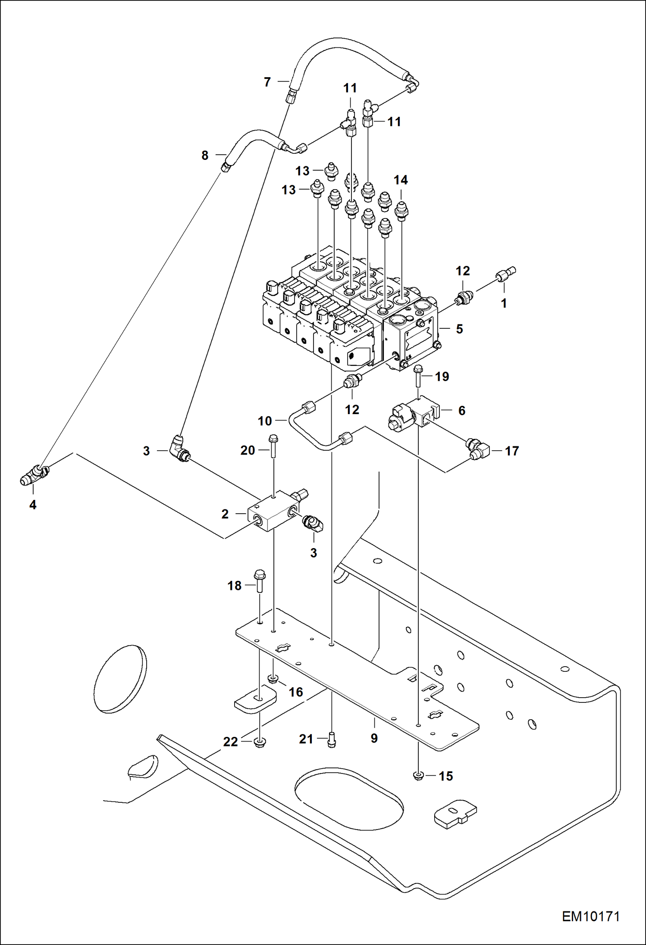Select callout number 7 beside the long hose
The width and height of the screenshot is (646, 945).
pos(267,82)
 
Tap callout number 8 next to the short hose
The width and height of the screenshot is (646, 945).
pos(205,155)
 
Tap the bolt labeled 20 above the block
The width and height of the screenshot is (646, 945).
pos(273,446)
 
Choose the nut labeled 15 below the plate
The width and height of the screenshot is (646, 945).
pos(417,776)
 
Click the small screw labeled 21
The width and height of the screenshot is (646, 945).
pos(331,740)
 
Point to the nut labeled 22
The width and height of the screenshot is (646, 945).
pos(260,742)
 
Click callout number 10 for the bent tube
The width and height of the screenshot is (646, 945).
pos(265,421)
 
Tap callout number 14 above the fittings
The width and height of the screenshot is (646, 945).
pos(401,180)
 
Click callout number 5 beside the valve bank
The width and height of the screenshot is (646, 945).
pos(459,329)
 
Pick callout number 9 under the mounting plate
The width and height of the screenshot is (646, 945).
pos(374,738)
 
